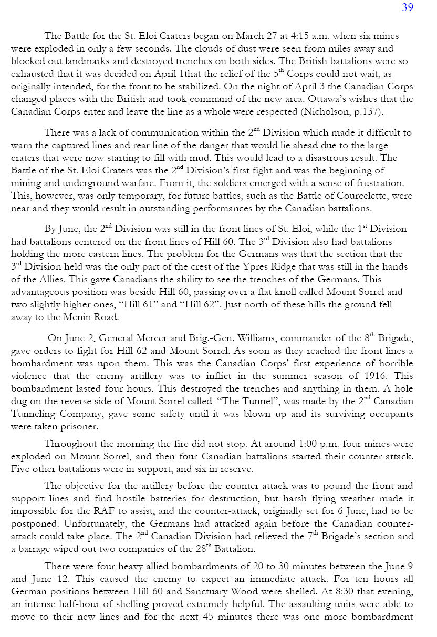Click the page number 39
(408, 7)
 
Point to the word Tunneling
(35, 414)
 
